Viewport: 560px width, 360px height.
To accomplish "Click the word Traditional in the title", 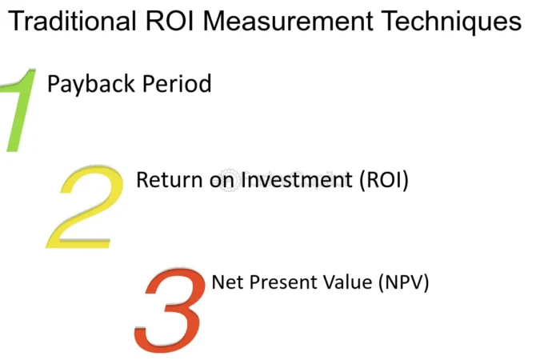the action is (72, 21).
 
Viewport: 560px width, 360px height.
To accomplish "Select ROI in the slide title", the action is (170, 21).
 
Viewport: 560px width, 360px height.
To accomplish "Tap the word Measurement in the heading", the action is (288, 21).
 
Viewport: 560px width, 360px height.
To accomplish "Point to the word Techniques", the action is (451, 22).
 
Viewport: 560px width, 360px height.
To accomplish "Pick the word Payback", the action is (90, 85).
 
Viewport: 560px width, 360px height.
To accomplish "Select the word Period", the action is (177, 83).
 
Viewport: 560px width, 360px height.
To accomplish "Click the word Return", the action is (170, 179).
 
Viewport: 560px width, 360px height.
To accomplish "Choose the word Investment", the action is (297, 179).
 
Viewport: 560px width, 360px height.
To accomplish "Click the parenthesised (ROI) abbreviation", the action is (383, 180).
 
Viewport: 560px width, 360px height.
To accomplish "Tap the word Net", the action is (227, 282).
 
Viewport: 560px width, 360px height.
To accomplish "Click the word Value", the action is (348, 282).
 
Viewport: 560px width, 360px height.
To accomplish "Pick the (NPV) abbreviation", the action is (403, 283).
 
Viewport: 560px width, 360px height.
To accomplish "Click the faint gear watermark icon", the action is (229, 180).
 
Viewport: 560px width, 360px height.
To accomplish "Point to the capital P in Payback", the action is (54, 83).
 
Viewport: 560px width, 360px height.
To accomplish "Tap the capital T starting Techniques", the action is (390, 21).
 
